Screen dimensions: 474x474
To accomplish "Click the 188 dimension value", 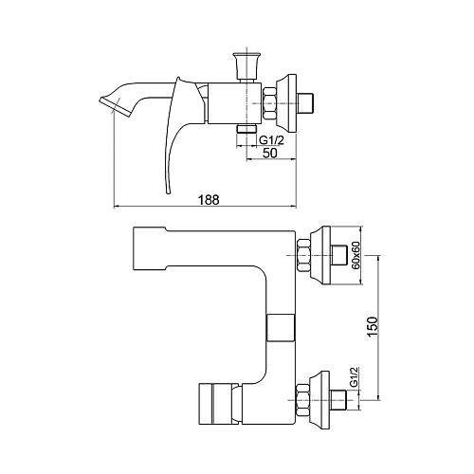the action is pos(209,200).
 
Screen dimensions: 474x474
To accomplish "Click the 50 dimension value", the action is pos(269,153).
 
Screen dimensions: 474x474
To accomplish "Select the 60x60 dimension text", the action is pos(355,255).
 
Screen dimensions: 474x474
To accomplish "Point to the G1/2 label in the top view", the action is pos(271,139).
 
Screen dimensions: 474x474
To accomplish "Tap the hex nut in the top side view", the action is pos(269,103).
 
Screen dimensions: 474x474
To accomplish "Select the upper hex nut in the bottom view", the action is pos(303,255).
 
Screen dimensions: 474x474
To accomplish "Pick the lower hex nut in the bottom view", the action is pos(302,400).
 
